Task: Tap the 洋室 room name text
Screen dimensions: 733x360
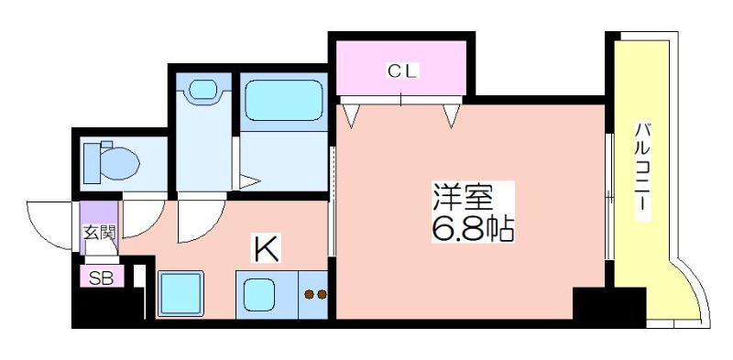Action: [463, 198]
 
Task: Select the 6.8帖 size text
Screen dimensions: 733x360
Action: [472, 228]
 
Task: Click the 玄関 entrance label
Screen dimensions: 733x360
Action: [100, 232]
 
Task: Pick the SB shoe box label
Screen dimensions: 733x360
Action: [101, 278]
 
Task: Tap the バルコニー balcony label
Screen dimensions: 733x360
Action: [643, 170]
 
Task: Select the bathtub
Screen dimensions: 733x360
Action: [284, 100]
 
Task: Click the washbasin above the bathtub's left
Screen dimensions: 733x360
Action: [202, 90]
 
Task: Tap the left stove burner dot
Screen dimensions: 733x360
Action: [309, 294]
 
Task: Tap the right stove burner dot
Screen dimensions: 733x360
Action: [322, 294]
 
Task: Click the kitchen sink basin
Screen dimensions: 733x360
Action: [259, 295]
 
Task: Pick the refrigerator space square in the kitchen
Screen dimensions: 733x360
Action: [181, 294]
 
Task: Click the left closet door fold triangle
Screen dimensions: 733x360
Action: [351, 115]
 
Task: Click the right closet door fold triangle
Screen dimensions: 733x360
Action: [451, 115]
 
